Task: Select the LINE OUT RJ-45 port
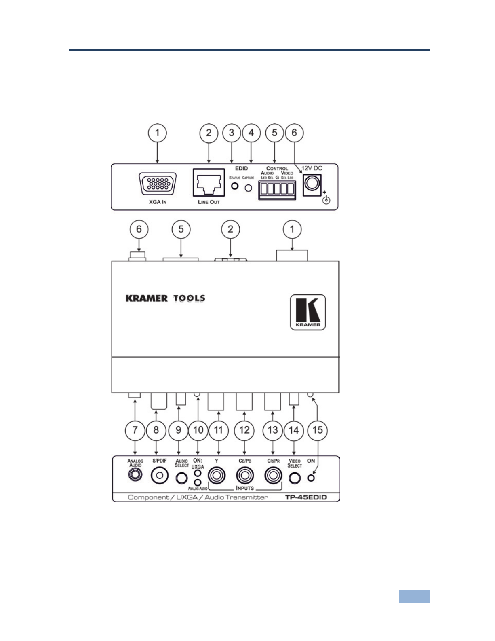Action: point(209,183)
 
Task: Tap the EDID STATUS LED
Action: point(234,186)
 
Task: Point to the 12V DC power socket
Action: point(312,184)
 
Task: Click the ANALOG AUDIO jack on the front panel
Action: point(135,475)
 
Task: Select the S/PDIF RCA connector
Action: point(159,476)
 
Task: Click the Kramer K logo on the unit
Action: point(308,312)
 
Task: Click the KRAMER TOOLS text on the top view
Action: point(165,298)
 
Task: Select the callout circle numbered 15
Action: point(318,429)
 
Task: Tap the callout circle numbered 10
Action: point(198,429)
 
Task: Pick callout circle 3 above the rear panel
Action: point(232,133)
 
